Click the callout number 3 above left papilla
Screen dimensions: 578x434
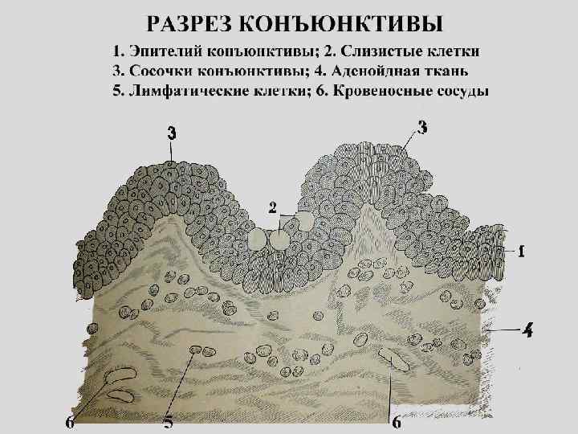(172, 133)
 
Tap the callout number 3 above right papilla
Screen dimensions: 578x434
(422, 125)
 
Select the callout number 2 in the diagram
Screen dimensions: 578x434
(273, 207)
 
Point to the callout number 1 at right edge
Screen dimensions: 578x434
(522, 252)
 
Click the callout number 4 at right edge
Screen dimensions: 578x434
(527, 330)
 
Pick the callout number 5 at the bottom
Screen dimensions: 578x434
(169, 420)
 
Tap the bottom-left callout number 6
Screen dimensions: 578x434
(71, 420)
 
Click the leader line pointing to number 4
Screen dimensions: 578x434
(502, 330)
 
